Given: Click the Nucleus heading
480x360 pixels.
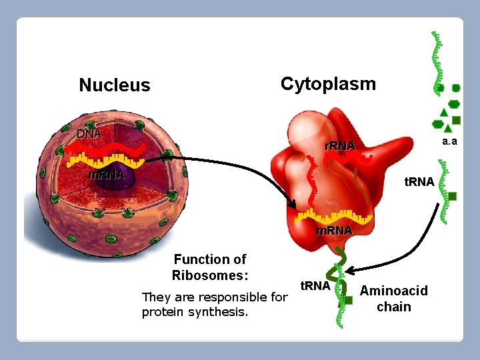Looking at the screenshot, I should pyautogui.click(x=115, y=85).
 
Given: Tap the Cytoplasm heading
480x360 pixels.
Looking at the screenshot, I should pyautogui.click(x=328, y=84).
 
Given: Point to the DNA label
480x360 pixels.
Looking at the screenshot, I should pyautogui.click(x=89, y=133).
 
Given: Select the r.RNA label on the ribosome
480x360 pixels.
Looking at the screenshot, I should pyautogui.click(x=340, y=146).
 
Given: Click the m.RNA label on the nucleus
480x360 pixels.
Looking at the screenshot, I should pyautogui.click(x=107, y=175).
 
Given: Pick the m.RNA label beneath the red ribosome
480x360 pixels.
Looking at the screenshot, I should pyautogui.click(x=333, y=231).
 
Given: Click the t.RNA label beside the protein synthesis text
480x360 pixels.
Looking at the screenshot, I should pyautogui.click(x=315, y=286).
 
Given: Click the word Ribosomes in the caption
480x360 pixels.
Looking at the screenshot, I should pyautogui.click(x=209, y=275).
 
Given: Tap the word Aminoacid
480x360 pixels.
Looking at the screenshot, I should pyautogui.click(x=394, y=291).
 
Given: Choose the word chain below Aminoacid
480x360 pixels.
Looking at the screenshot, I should pyautogui.click(x=394, y=307).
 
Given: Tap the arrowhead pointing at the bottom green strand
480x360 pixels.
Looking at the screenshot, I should pyautogui.click(x=350, y=270).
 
